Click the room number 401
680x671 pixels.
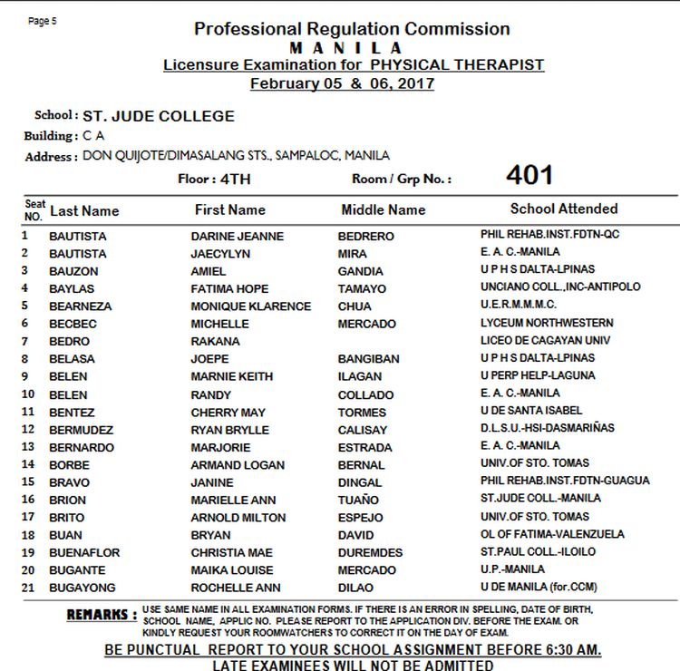(529, 175)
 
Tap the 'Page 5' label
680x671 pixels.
(43, 21)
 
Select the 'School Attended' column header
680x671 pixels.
(563, 209)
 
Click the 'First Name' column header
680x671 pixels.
(229, 209)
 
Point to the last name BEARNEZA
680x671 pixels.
(81, 306)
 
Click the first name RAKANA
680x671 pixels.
(215, 342)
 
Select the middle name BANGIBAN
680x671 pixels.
(368, 359)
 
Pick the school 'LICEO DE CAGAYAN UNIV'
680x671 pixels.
(546, 340)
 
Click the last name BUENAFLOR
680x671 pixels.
(84, 553)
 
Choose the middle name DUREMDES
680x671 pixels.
(370, 553)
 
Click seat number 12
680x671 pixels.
(28, 429)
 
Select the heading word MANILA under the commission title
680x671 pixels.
(347, 47)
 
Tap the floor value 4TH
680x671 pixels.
(236, 179)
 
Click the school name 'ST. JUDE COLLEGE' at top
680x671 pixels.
(159, 116)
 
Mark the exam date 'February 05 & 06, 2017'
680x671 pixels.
(342, 84)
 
